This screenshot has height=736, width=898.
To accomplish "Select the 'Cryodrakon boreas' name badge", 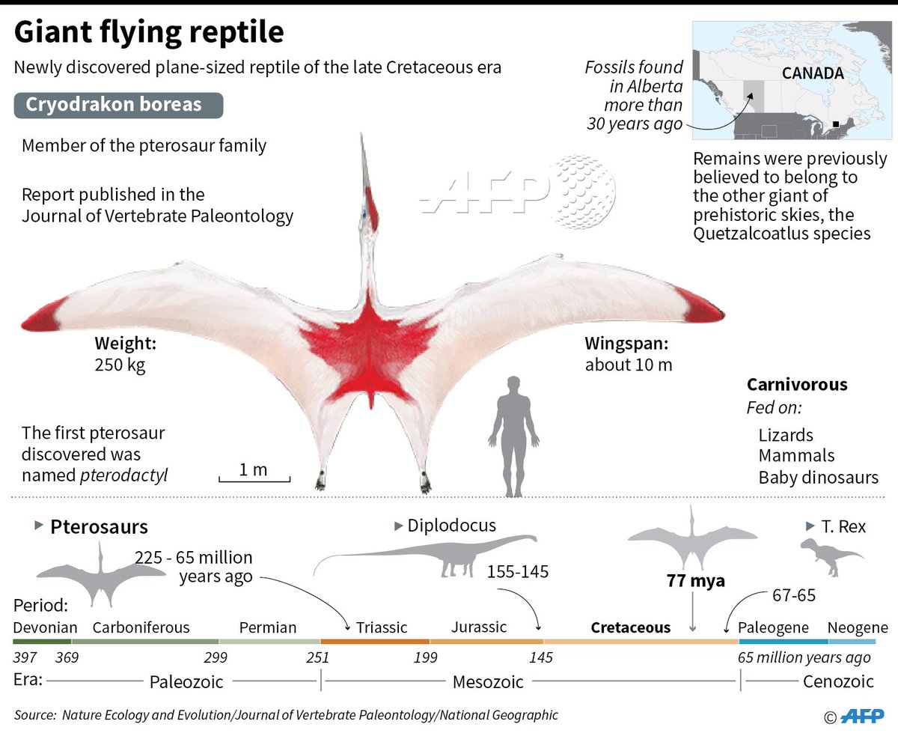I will (x=118, y=104).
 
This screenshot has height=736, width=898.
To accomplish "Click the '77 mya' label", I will (x=696, y=581).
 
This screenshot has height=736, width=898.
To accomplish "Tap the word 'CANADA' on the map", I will (x=813, y=73).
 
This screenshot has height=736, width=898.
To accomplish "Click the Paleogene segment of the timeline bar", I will (x=784, y=641).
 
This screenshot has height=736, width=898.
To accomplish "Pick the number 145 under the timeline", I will (x=540, y=658).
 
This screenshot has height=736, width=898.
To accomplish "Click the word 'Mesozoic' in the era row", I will (x=488, y=682).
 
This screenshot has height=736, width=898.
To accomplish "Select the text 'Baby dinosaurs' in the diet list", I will (x=818, y=477).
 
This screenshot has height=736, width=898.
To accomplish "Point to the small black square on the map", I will (x=835, y=125).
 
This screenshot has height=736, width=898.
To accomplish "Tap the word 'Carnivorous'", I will (x=797, y=385).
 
